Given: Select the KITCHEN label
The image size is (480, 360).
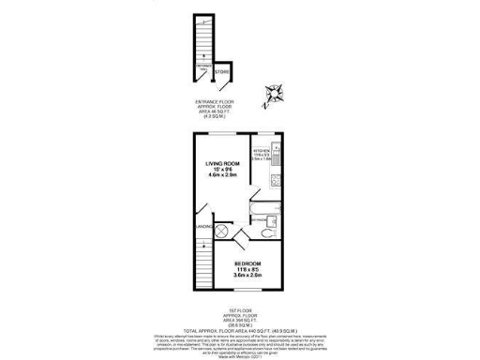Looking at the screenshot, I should pos(262,150).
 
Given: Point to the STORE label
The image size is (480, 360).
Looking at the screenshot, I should pos(222,71).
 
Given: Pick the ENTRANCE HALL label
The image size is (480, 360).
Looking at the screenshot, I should pos(204,67).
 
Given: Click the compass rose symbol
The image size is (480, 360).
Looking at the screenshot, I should pos(275,94).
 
